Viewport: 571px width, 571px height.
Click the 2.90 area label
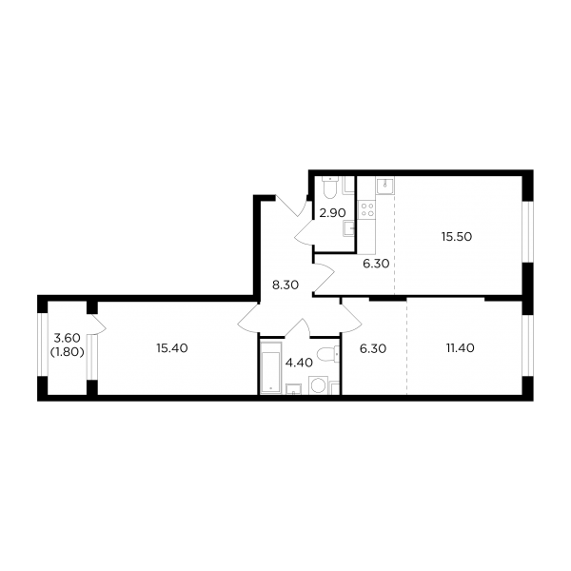[332, 212]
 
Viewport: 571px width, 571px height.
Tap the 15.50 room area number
[457, 237]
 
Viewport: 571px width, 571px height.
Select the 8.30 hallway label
[285, 285]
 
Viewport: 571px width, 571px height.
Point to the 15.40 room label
[172, 348]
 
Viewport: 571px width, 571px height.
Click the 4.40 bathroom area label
[299, 363]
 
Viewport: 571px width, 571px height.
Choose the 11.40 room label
[461, 348]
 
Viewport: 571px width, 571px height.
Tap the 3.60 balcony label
[67, 338]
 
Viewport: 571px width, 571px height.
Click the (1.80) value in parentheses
[67, 352]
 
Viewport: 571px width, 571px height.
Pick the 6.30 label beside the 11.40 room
[373, 348]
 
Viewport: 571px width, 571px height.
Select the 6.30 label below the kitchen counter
[376, 264]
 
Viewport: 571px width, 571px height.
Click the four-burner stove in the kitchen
[366, 209]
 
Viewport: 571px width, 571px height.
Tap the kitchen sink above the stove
[384, 187]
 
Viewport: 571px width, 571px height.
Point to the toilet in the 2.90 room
[330, 187]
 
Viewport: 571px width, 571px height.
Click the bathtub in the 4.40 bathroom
[271, 367]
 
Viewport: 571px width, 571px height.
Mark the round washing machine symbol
[318, 385]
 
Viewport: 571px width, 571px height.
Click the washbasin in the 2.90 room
[349, 228]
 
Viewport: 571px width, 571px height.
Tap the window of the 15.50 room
[527, 231]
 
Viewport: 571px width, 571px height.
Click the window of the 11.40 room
[527, 345]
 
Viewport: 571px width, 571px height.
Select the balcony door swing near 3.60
[98, 324]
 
